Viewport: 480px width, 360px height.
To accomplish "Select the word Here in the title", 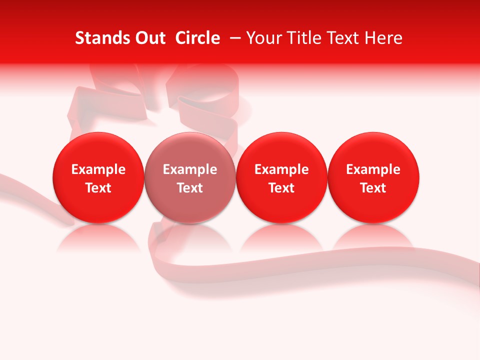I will click(384, 38).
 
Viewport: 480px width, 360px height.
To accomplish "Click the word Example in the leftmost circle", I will click(98, 169).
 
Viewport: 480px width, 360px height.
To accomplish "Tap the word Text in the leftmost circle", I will click(98, 188).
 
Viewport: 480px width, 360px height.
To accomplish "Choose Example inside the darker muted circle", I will click(190, 169).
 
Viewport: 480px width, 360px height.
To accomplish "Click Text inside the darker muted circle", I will click(190, 188).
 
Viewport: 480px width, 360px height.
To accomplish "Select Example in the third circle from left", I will click(281, 169).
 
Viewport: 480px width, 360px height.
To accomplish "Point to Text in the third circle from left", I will click(281, 188).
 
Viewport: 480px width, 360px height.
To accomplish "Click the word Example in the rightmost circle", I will click(373, 169).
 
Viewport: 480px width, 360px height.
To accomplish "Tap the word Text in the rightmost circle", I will click(373, 188).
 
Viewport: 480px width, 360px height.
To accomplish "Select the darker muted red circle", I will click(190, 150).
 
